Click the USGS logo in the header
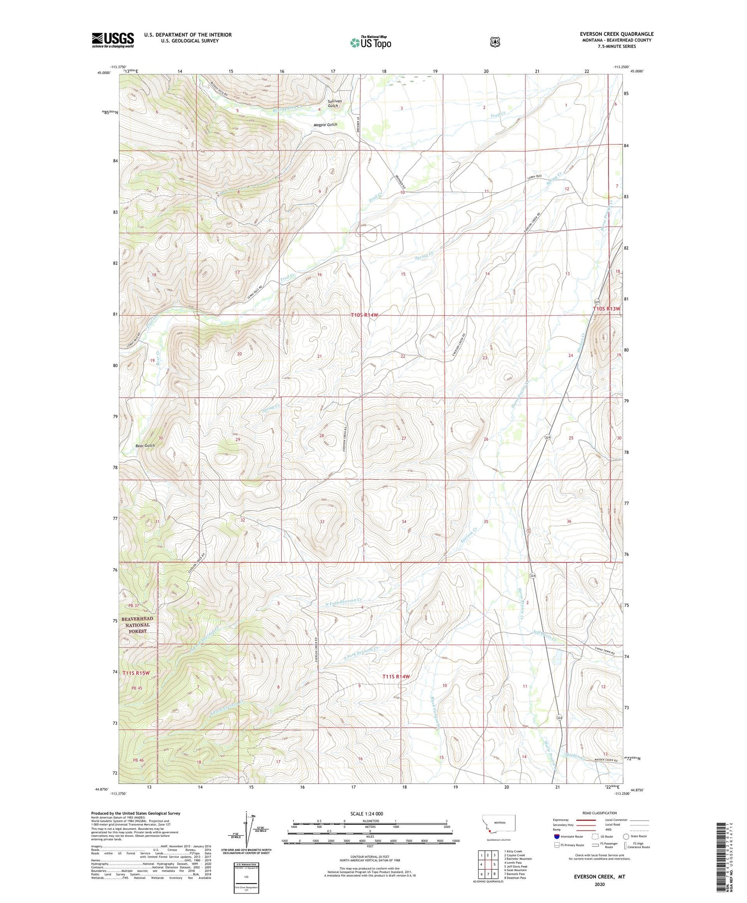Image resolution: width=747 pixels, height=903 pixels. point(113,40)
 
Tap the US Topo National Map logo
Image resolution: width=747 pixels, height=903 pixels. point(371,42)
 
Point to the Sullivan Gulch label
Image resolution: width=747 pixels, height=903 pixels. point(333,103)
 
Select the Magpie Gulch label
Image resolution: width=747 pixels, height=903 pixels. point(325,125)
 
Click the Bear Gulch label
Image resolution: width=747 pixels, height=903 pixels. point(145,445)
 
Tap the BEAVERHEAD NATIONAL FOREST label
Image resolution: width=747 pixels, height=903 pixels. point(137,625)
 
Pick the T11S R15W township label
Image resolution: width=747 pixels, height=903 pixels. point(136,673)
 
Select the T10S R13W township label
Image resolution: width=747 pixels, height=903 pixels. point(607,309)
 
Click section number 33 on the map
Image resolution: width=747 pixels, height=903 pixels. point(322,521)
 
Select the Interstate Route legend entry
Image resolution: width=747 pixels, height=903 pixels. point(570,836)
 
